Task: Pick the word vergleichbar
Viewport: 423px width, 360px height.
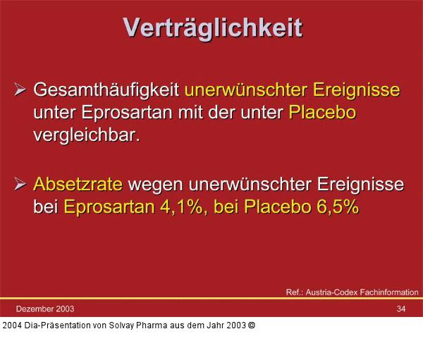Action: click(x=86, y=135)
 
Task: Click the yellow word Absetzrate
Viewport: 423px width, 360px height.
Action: click(x=78, y=185)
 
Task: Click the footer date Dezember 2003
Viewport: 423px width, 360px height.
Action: click(x=44, y=309)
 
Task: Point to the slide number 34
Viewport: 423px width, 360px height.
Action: click(x=400, y=309)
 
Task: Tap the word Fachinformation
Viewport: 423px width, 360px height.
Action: click(x=391, y=292)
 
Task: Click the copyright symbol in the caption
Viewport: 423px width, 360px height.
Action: click(x=251, y=325)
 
